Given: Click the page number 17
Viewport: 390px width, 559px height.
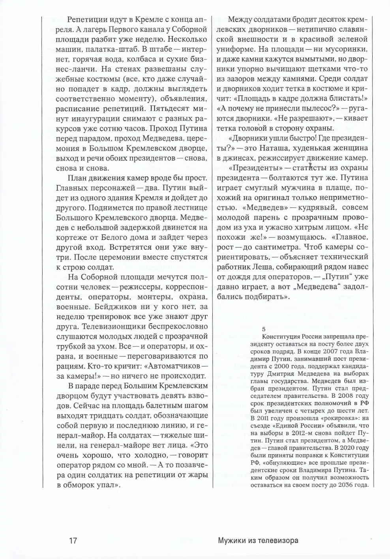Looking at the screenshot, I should pyautogui.click(x=72, y=540).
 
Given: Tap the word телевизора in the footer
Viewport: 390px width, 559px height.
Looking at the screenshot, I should pyautogui.click(x=279, y=540).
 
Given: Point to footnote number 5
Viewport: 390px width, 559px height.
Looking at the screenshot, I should pyautogui.click(x=264, y=328).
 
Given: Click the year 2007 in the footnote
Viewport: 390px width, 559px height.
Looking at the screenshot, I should pyautogui.click(x=334, y=351).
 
